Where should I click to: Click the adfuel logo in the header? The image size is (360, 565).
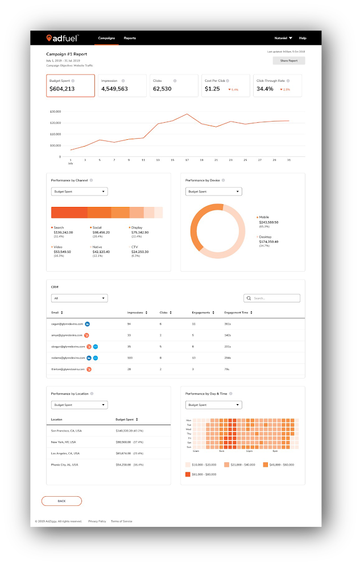[63, 38]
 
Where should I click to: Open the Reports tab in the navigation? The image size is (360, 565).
[130, 38]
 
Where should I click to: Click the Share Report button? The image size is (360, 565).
[288, 60]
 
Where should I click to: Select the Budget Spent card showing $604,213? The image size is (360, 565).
[71, 86]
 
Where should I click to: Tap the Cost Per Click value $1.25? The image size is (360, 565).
[212, 89]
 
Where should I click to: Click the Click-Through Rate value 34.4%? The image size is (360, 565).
[265, 89]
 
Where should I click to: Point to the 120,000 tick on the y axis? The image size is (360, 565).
[56, 122]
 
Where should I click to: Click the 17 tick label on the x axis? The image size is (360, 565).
[187, 160]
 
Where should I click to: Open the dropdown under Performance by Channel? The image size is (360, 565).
[79, 192]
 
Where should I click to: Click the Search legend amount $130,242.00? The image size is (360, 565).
[63, 232]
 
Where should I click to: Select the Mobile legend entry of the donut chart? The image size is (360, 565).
[263, 217]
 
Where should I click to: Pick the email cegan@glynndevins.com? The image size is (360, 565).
[67, 323]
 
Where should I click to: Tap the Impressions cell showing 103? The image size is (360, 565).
[130, 358]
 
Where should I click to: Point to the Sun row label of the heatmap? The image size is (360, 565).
[188, 447]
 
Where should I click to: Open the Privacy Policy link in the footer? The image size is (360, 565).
[97, 521]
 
